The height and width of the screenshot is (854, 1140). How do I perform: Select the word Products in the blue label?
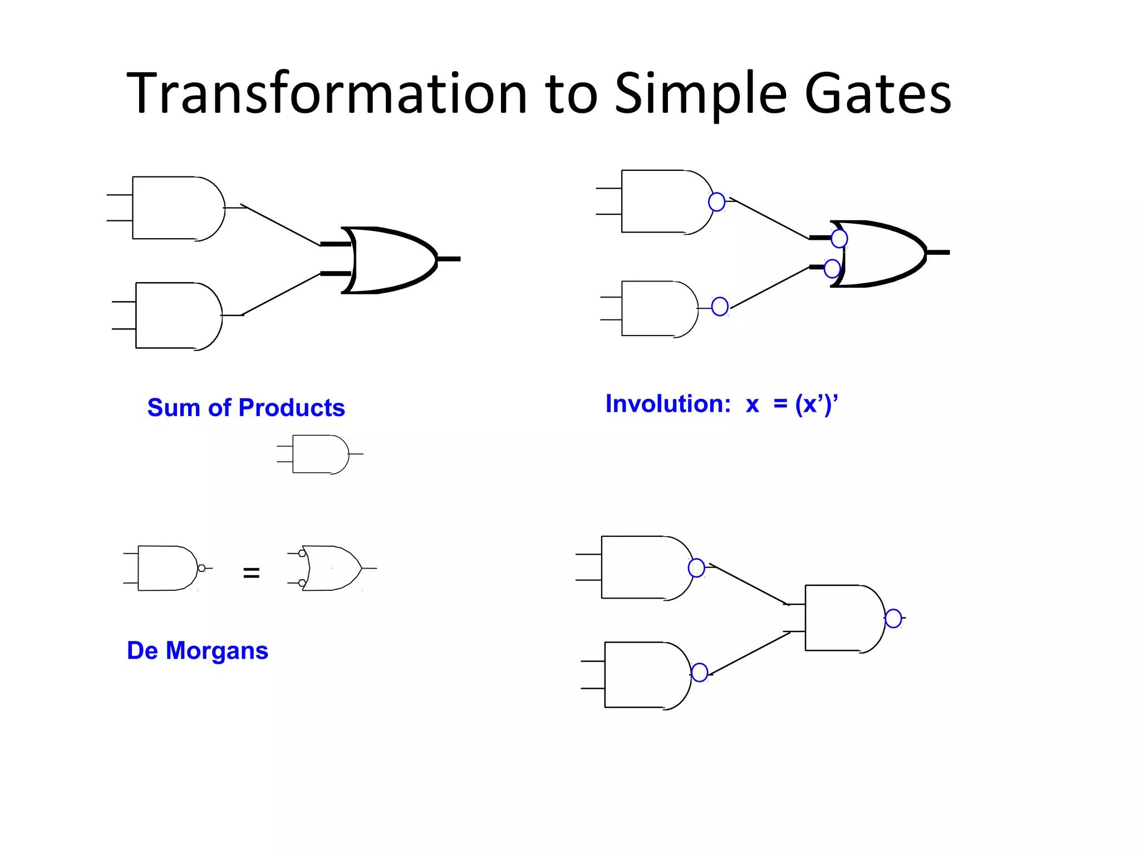[x=292, y=408]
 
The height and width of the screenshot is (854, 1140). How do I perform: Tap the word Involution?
[x=667, y=404]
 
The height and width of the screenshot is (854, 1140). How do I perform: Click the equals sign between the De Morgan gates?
[x=251, y=572]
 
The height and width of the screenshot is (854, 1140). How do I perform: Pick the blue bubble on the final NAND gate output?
[x=893, y=618]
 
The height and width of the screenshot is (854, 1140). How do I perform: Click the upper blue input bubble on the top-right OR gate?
[x=839, y=239]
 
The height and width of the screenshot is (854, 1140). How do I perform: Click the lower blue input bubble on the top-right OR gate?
[x=832, y=269]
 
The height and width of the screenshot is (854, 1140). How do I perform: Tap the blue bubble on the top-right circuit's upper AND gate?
[x=716, y=201]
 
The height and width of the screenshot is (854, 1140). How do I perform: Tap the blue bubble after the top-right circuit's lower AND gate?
[x=720, y=306]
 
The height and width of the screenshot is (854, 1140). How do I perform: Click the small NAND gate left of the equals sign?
[x=167, y=568]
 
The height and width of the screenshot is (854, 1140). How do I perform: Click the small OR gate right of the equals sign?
[x=331, y=568]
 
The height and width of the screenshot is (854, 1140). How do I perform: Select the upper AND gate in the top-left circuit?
[x=177, y=208]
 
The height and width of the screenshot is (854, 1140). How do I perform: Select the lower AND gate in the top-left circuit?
[x=177, y=315]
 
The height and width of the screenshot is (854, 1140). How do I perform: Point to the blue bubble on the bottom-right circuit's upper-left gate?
[x=696, y=568]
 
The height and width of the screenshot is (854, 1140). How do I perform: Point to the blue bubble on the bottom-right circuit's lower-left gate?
[x=699, y=672]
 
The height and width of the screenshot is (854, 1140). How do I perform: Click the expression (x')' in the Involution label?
[x=816, y=404]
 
